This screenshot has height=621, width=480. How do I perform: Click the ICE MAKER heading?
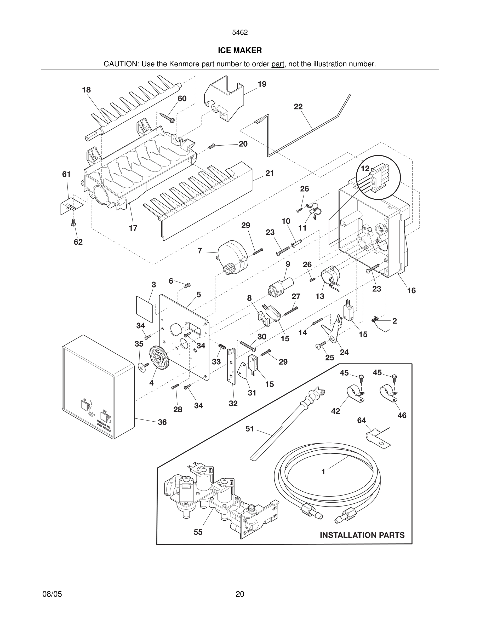[x=240, y=51]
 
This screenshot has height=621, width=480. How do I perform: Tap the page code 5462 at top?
[x=240, y=33]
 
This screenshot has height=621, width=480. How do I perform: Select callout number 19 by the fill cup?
[x=262, y=84]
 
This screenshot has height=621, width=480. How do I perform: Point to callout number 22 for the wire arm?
[x=298, y=107]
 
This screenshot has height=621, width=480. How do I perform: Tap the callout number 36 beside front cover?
[x=162, y=422]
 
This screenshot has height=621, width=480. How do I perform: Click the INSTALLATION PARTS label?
[x=362, y=535]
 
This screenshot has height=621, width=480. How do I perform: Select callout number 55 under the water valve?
[x=198, y=532]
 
